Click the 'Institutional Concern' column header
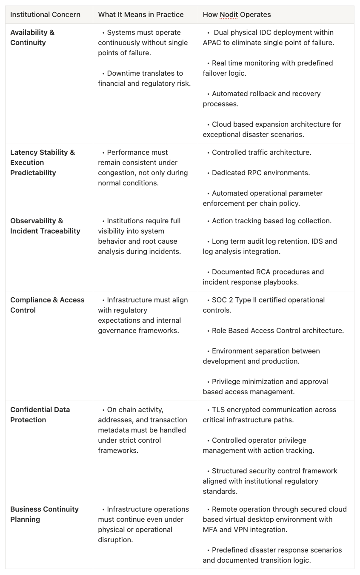coord(45,14)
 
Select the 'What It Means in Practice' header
coord(141,14)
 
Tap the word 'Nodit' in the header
coord(229,14)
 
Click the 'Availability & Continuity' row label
coord(32,37)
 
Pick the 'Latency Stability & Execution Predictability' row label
coord(42,162)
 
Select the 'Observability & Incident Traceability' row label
coord(45,226)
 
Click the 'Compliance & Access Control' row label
coord(47,305)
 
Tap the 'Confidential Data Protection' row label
coord(40,415)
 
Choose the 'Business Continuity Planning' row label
coord(44,514)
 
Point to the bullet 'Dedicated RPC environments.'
coord(260,173)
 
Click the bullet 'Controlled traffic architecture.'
coord(261,152)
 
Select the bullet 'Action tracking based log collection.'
coord(271,221)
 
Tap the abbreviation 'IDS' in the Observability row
coord(319,241)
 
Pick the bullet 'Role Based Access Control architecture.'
coord(277,330)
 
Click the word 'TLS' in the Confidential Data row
coord(218,410)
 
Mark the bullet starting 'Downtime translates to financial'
coord(144,78)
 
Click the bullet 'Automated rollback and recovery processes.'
coord(261,99)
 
